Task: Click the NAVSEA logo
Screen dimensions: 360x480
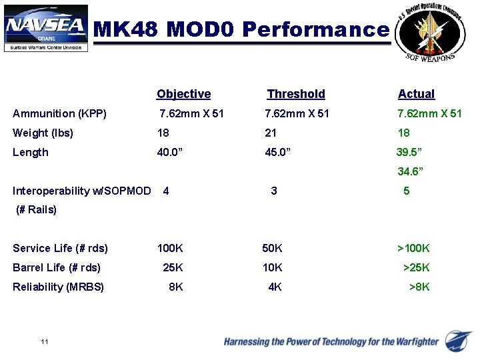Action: tap(46, 28)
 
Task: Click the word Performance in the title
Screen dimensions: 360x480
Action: tap(315, 29)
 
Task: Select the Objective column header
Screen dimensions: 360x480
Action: tap(183, 94)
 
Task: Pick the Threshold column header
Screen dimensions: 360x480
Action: tap(296, 94)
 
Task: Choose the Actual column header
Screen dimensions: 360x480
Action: tap(416, 94)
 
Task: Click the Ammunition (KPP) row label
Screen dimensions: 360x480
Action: tap(59, 113)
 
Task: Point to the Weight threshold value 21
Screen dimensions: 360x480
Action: tap(271, 133)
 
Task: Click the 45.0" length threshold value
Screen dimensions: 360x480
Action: tap(278, 152)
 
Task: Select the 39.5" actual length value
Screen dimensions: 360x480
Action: tap(410, 152)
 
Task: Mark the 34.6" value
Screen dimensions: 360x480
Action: tap(411, 172)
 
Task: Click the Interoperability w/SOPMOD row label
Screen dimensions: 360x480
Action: tap(81, 191)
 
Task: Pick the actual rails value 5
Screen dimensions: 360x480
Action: tap(407, 191)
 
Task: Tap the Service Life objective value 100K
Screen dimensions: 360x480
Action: tap(170, 249)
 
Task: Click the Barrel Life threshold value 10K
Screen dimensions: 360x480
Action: tap(272, 268)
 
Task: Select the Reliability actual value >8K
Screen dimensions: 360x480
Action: tap(419, 287)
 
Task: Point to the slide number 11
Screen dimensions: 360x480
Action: tap(45, 342)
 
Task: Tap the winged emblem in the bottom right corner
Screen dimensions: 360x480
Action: tap(459, 340)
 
